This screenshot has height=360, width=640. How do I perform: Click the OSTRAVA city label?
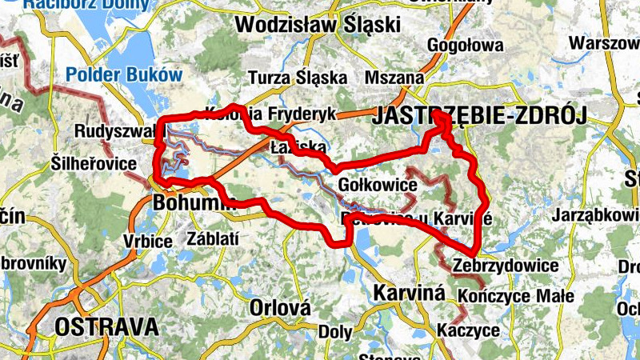[106, 326]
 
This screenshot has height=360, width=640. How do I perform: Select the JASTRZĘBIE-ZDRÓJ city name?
[478, 117]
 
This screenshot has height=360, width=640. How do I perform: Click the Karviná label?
[409, 292]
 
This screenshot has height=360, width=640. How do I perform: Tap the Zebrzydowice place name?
[504, 266]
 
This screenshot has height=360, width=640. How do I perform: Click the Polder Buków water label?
[123, 74]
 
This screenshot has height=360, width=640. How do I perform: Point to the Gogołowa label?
[466, 45]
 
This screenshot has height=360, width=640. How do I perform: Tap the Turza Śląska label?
[298, 78]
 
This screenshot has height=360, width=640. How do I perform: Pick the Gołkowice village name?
[378, 186]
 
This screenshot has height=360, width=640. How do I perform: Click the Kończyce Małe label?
[517, 296]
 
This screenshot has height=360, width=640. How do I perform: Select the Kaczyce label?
[469, 330]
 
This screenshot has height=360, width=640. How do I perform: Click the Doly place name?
[335, 331]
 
